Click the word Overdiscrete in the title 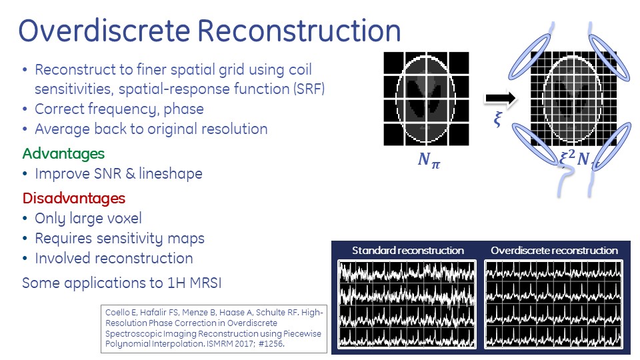(104, 31)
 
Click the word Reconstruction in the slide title (299, 31)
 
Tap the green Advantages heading (63, 154)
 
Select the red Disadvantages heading (74, 199)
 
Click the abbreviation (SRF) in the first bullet (309, 89)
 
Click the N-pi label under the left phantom (429, 159)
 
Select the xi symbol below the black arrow (497, 119)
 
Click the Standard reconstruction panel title (408, 250)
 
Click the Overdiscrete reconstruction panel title (554, 250)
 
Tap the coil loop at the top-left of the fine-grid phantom (530, 57)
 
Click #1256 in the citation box (271, 344)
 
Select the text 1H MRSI (194, 283)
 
